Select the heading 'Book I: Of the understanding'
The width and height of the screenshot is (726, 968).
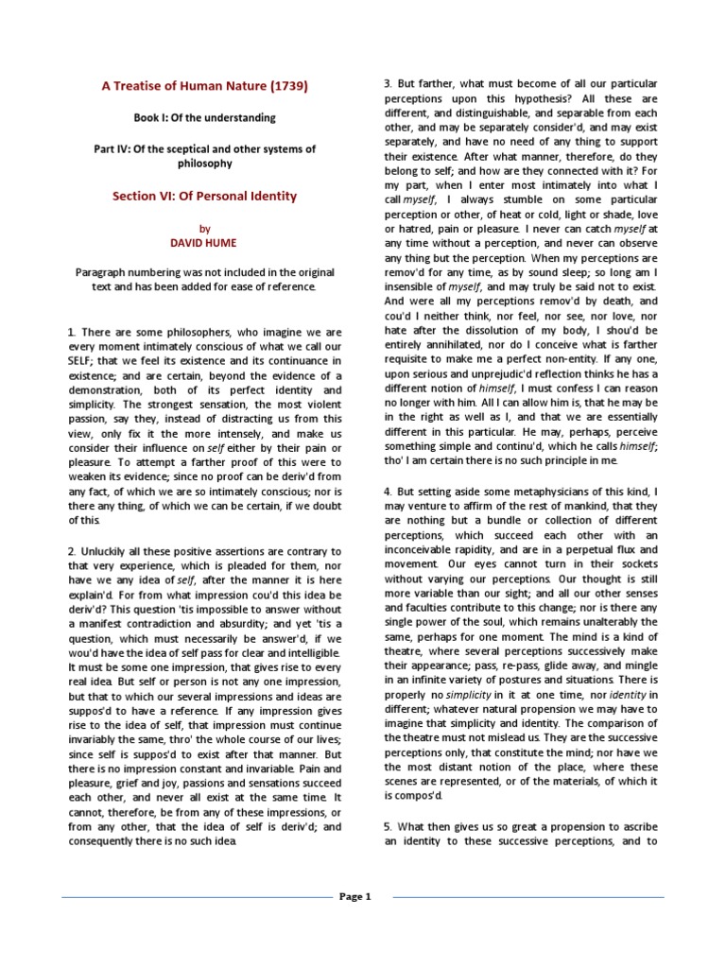pyautogui.click(x=204, y=118)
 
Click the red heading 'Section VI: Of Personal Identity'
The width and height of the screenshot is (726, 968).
pyautogui.click(x=205, y=196)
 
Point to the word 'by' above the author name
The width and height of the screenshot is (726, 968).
pyautogui.click(x=204, y=228)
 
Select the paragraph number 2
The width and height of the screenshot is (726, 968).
pyautogui.click(x=71, y=551)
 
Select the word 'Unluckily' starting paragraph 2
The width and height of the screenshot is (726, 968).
pyautogui.click(x=109, y=551)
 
